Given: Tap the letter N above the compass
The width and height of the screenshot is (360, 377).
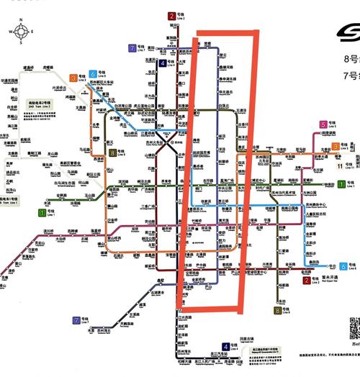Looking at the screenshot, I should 22,22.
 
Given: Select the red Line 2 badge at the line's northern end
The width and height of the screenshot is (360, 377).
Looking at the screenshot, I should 171,15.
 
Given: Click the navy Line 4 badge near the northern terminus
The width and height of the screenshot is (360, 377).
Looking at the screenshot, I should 163,63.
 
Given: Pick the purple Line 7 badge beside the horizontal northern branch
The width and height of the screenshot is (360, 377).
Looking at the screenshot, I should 132,49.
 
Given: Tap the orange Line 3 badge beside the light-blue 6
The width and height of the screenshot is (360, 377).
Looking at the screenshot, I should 73,78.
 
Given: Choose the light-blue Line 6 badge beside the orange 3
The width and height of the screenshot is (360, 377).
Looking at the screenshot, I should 94,73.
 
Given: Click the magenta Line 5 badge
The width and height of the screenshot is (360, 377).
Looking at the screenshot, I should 323,124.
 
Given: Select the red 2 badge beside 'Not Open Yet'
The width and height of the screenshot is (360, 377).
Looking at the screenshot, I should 307,281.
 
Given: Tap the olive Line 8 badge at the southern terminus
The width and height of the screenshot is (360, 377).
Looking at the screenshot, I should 278,310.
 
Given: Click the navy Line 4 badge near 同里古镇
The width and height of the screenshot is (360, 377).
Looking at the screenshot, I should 225,348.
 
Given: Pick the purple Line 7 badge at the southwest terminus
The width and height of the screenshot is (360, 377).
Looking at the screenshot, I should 76,319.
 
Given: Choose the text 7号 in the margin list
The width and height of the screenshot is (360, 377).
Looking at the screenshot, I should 352,74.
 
